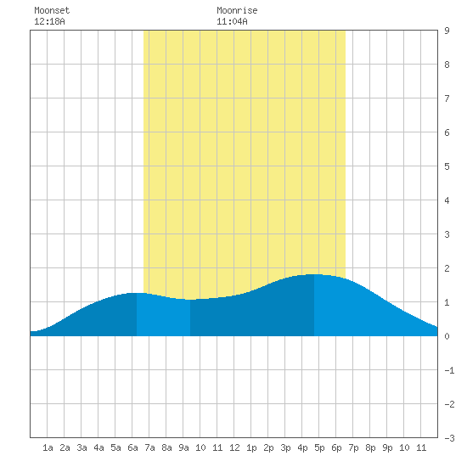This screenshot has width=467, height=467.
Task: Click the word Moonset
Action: pyautogui.click(x=52, y=10)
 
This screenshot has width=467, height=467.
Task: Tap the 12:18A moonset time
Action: pyautogui.click(x=49, y=21)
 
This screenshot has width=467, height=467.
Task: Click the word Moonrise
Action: pyautogui.click(x=237, y=10)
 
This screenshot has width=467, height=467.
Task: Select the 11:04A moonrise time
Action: pyautogui.click(x=232, y=21)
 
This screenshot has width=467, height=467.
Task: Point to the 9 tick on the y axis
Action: pyautogui.click(x=447, y=31)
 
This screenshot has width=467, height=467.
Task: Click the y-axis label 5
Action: pyautogui.click(x=447, y=166)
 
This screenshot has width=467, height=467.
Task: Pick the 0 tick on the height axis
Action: pyautogui.click(x=447, y=336)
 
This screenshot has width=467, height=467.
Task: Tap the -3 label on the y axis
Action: pyautogui.click(x=449, y=438)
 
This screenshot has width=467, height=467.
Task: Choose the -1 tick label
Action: pyautogui.click(x=449, y=370)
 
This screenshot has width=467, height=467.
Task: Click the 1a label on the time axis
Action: pyautogui.click(x=48, y=447)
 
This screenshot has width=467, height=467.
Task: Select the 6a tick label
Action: pyautogui.click(x=132, y=447)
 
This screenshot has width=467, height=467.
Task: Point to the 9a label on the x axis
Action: pyautogui.click(x=183, y=447)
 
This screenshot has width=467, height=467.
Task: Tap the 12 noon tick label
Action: pyautogui.click(x=234, y=447)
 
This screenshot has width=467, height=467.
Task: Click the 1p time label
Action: pyautogui.click(x=251, y=447)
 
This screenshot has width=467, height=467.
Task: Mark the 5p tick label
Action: pyautogui.click(x=319, y=447)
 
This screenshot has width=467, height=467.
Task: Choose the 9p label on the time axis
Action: pyautogui.click(x=387, y=447)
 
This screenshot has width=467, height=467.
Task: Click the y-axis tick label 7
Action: pyautogui.click(x=447, y=98)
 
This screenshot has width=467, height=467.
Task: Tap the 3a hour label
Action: pyautogui.click(x=82, y=447)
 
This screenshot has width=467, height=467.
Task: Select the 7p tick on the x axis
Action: pyautogui.click(x=353, y=447)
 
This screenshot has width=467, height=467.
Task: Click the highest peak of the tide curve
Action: pyautogui.click(x=314, y=274)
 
